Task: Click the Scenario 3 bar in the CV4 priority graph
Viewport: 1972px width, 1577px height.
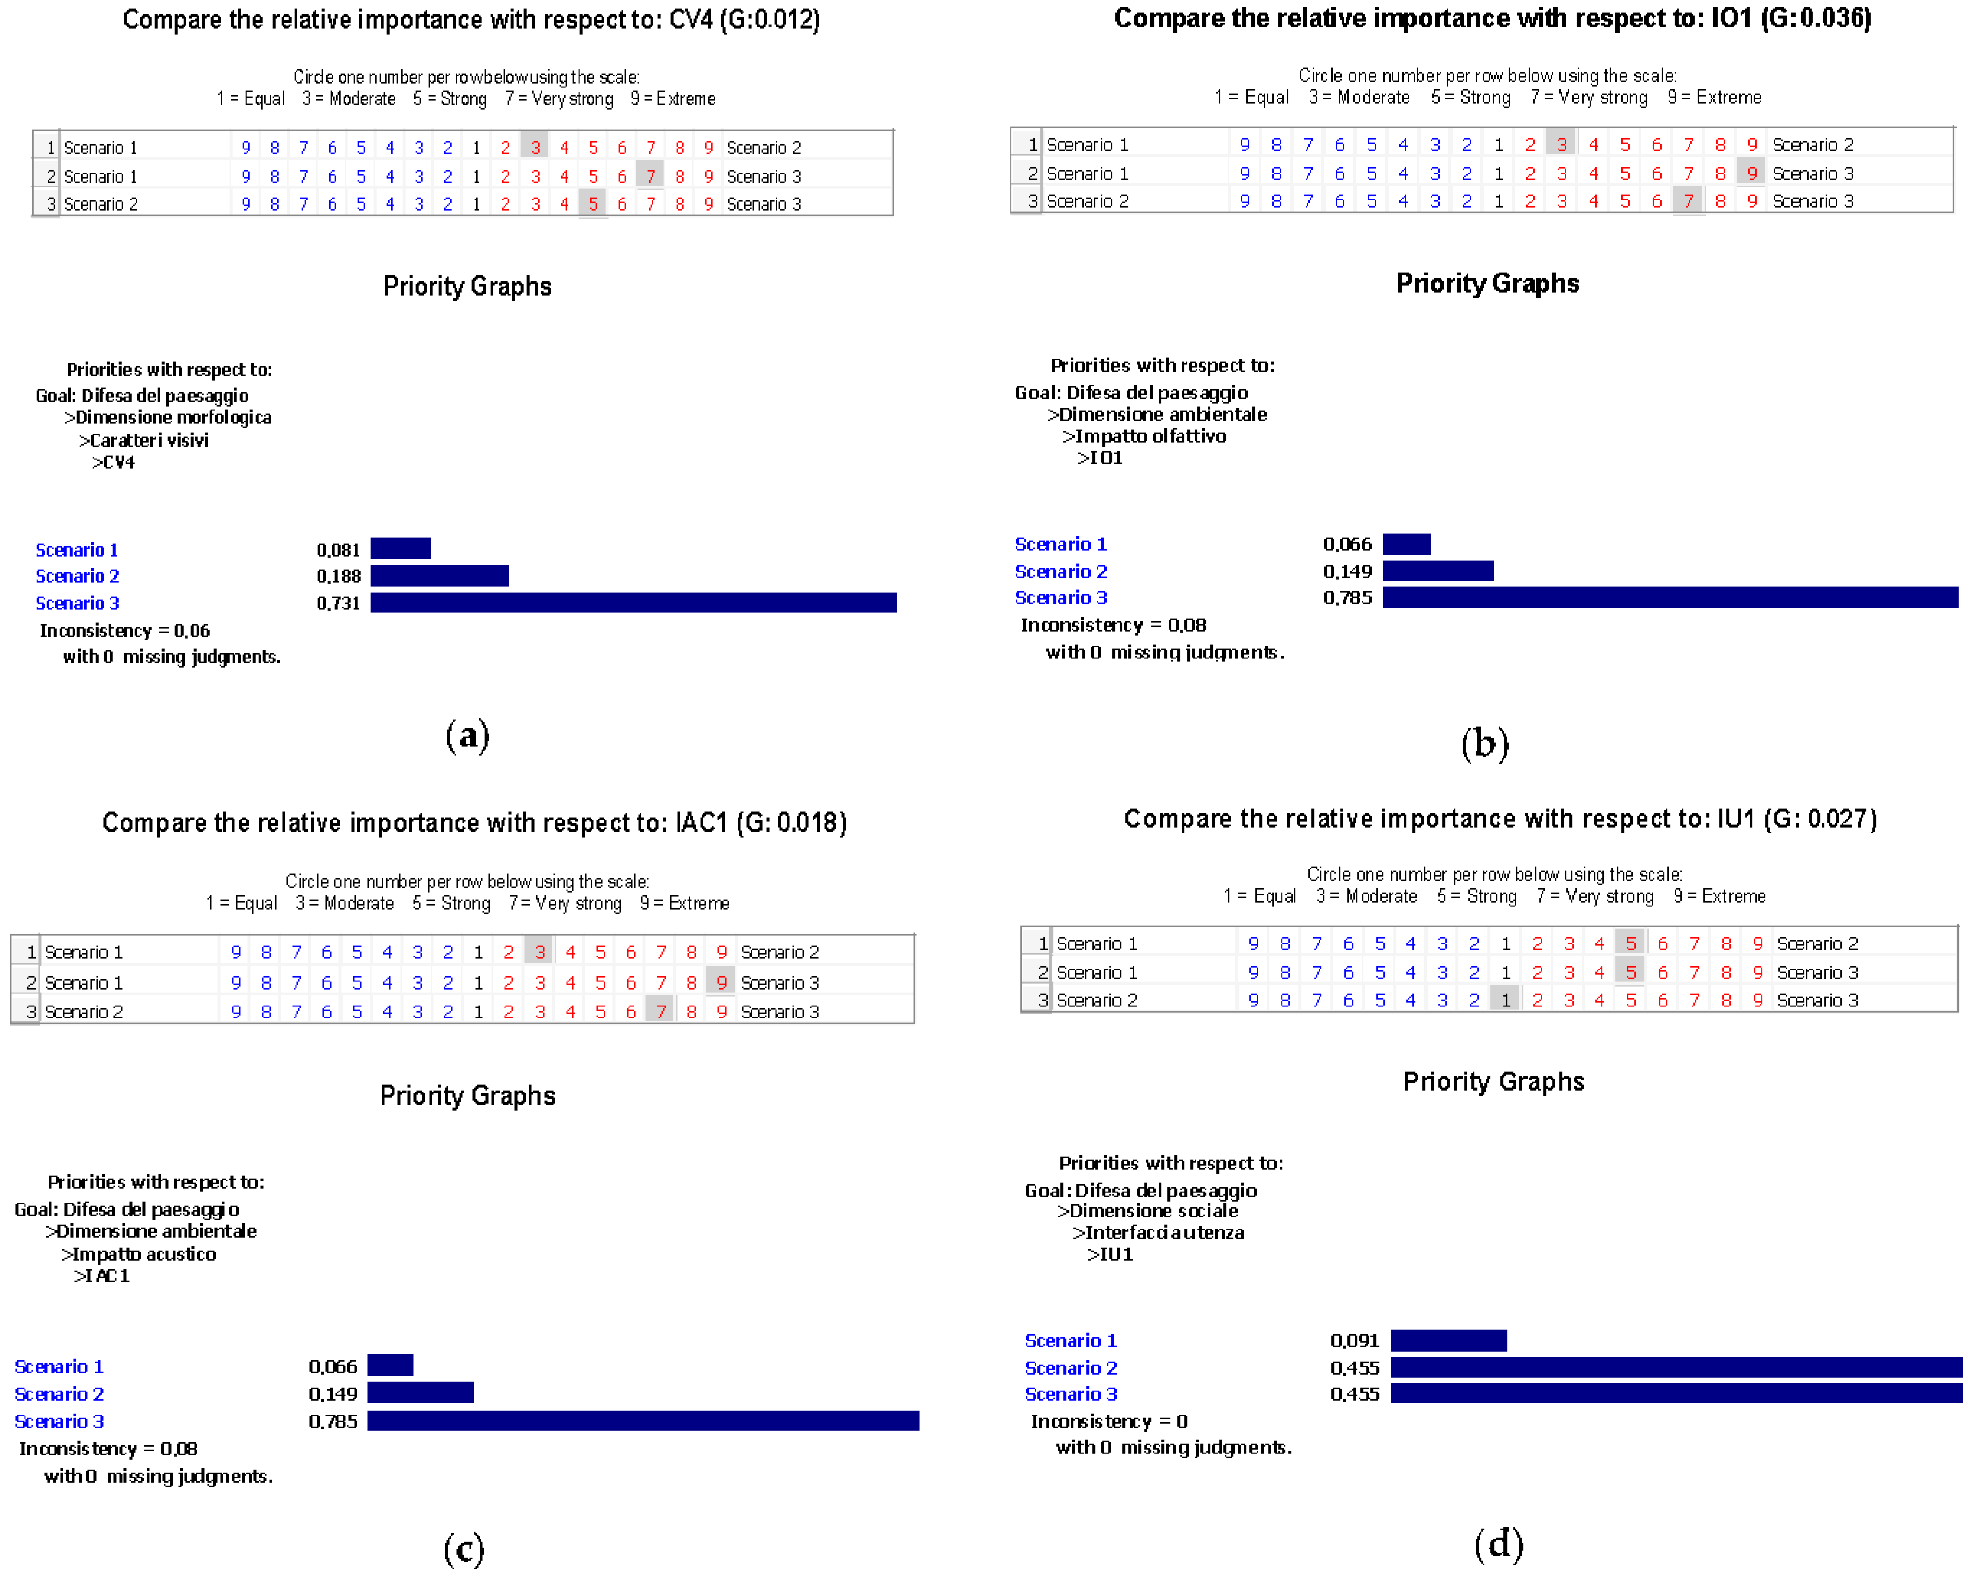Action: [x=633, y=602]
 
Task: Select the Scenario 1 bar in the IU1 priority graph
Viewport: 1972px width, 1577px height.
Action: [x=1448, y=1340]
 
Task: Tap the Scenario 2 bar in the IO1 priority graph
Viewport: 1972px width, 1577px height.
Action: [x=1438, y=571]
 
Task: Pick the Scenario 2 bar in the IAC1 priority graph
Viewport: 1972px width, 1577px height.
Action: [x=420, y=1393]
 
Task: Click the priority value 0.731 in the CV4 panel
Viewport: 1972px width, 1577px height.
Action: [x=338, y=603]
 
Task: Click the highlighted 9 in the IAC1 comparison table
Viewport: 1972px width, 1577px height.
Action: [x=721, y=981]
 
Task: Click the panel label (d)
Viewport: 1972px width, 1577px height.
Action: [x=1498, y=1543]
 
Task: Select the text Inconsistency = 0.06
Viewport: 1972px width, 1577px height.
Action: [x=124, y=630]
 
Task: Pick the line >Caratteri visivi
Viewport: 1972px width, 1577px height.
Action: [x=144, y=440]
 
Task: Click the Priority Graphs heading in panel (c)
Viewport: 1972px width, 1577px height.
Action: [x=468, y=1095]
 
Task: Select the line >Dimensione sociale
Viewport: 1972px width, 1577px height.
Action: [x=1147, y=1210]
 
